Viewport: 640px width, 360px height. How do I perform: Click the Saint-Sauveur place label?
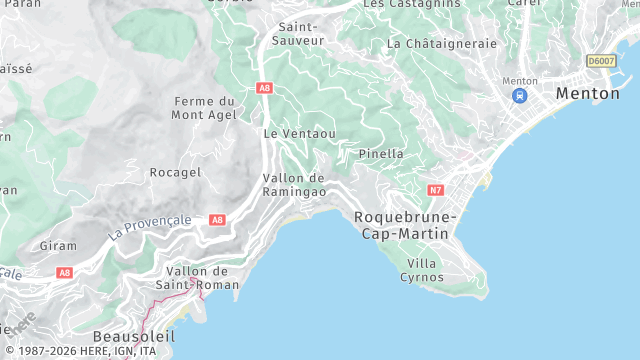300,33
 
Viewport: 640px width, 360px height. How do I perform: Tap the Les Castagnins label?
412,4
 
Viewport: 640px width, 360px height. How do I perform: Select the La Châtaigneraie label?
441,44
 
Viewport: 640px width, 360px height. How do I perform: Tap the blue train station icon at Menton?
519,96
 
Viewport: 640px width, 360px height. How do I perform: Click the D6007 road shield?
601,61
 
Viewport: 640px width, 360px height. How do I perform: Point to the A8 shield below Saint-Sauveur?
264,88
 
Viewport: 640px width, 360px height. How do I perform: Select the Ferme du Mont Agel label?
204,108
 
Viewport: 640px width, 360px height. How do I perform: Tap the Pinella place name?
381,154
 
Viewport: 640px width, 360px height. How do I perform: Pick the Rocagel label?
175,172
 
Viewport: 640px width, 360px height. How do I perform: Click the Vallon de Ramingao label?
294,184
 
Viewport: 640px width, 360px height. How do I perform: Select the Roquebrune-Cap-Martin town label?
404,225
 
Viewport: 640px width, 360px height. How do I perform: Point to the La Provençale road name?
150,227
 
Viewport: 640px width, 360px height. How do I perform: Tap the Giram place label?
57,245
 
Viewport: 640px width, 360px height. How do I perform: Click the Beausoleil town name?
133,336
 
